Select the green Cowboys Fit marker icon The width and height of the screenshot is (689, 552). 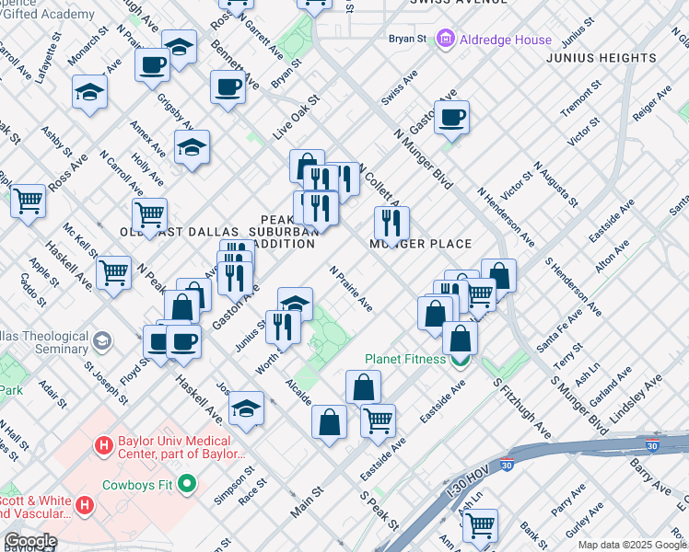pyautogui.click(x=188, y=483)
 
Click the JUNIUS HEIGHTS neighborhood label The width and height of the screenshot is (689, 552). pyautogui.click(x=601, y=58)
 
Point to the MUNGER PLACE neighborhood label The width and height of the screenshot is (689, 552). pyautogui.click(x=420, y=244)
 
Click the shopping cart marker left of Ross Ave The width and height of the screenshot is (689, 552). pyautogui.click(x=29, y=200)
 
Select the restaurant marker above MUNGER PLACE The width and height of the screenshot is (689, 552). pyautogui.click(x=392, y=222)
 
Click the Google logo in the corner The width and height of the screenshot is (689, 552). pyautogui.click(x=30, y=541)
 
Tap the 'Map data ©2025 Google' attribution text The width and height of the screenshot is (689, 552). pyautogui.click(x=632, y=545)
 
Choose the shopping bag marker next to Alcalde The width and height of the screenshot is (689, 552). pyautogui.click(x=329, y=423)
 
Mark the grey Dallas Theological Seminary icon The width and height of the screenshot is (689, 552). pyautogui.click(x=100, y=342)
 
